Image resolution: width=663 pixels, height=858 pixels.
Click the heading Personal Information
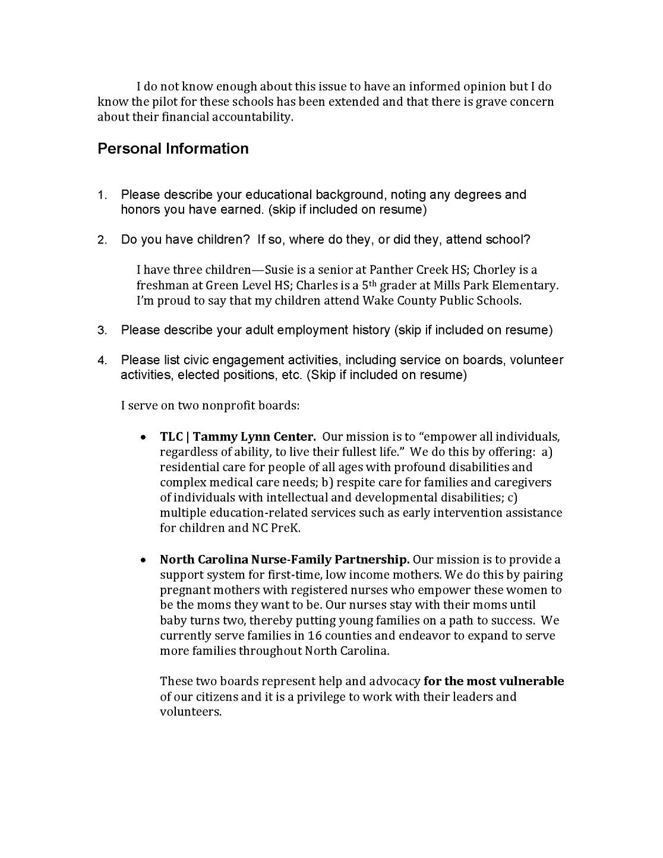(x=173, y=149)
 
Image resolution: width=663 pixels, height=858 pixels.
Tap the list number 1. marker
(x=102, y=195)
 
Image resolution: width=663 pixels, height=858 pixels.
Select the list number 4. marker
(x=102, y=361)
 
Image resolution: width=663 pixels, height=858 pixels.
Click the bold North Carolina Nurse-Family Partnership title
(x=284, y=560)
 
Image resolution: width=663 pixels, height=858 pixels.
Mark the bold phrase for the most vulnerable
(x=494, y=682)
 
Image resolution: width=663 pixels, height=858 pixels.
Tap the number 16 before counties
(x=315, y=636)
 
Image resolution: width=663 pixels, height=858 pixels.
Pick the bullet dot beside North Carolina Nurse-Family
(x=143, y=560)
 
